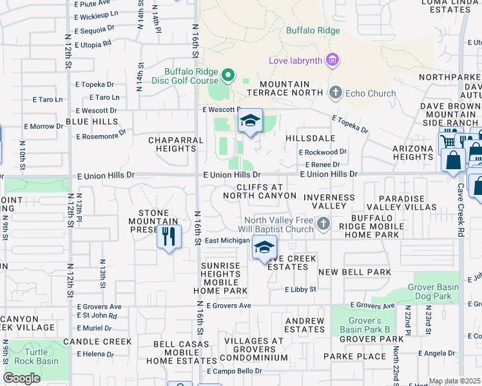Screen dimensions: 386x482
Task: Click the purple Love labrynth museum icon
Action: coord(333,61)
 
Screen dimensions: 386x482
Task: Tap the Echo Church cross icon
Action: coord(334,93)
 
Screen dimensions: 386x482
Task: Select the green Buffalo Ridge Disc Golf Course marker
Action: coord(227,76)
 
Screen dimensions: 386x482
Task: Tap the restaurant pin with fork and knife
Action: coord(168,237)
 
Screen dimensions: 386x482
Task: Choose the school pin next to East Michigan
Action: coord(264,247)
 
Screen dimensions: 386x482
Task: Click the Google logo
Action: coord(21,378)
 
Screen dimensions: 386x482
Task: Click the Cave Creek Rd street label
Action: coord(460,203)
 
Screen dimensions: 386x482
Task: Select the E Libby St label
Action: coord(300,289)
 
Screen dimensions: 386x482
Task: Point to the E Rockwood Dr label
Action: coord(322,152)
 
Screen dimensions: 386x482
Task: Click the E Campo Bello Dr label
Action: coord(233,372)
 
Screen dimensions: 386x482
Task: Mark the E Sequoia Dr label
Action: coord(94,30)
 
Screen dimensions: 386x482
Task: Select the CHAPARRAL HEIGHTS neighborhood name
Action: coord(171,144)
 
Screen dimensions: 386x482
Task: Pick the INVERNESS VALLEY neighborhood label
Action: coord(329,202)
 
